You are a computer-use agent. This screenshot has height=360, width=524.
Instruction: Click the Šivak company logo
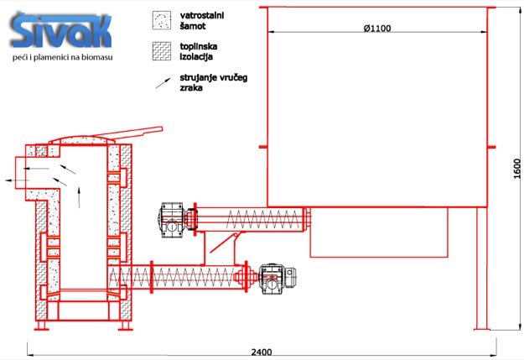[x=61, y=31]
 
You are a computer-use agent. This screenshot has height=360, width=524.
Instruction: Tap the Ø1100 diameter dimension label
[x=377, y=28]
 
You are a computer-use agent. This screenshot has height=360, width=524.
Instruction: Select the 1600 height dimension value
[x=516, y=169]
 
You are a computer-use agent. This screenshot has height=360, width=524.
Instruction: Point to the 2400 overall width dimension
[x=262, y=352]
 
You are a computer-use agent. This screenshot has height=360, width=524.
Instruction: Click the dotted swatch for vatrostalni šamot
[x=162, y=20]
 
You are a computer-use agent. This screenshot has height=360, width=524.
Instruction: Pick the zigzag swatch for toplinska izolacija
[x=162, y=51]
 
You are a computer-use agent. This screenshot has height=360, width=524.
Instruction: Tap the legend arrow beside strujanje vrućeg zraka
[x=163, y=83]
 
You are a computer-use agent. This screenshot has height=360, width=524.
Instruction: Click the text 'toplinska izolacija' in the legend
[x=199, y=51]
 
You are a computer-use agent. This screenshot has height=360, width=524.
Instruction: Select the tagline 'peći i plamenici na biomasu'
[x=63, y=57]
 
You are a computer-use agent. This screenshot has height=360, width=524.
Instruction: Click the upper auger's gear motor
[x=173, y=220]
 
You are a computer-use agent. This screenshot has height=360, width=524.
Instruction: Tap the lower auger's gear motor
[x=277, y=279]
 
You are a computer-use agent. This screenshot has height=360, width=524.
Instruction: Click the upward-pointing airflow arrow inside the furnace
[x=79, y=197]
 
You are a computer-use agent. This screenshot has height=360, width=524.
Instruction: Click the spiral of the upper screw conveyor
[x=262, y=220]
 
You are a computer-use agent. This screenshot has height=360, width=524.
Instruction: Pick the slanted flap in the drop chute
[x=223, y=243]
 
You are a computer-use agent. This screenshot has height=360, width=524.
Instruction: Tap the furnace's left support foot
[x=42, y=326]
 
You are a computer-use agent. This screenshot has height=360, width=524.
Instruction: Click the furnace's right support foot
[x=126, y=326]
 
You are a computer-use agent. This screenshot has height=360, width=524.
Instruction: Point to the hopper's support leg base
[x=481, y=330]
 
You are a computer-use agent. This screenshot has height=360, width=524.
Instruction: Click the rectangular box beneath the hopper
[x=379, y=232]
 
